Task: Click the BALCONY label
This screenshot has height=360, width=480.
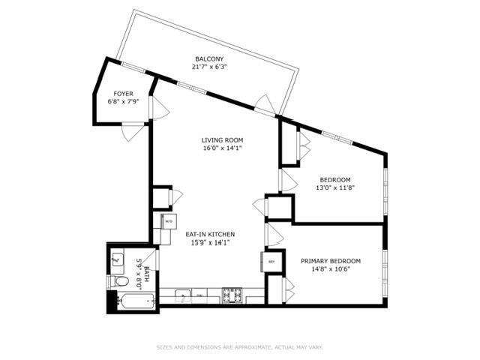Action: click(x=209, y=58)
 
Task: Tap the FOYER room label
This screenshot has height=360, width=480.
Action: click(x=124, y=94)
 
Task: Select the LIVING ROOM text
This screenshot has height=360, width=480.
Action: click(x=223, y=140)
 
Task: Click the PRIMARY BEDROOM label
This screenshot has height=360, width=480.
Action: click(x=331, y=261)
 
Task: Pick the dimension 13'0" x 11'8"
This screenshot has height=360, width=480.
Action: click(x=335, y=187)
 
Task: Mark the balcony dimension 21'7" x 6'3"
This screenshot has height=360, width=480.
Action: click(x=209, y=67)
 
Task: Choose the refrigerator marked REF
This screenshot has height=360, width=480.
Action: click(x=271, y=262)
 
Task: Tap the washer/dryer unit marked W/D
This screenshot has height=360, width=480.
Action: click(x=168, y=222)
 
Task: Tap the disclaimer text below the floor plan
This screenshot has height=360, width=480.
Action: click(x=239, y=347)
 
